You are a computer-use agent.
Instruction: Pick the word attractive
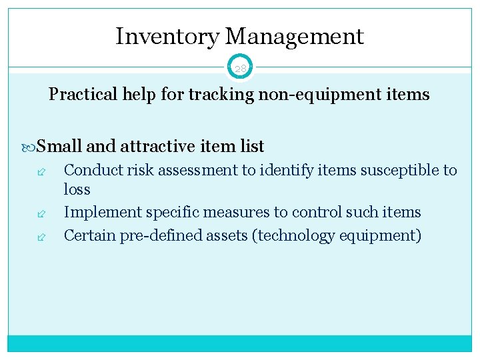154,146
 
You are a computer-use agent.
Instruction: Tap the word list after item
251,146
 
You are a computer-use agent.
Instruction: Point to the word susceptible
399,171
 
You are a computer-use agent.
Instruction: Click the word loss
77,190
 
